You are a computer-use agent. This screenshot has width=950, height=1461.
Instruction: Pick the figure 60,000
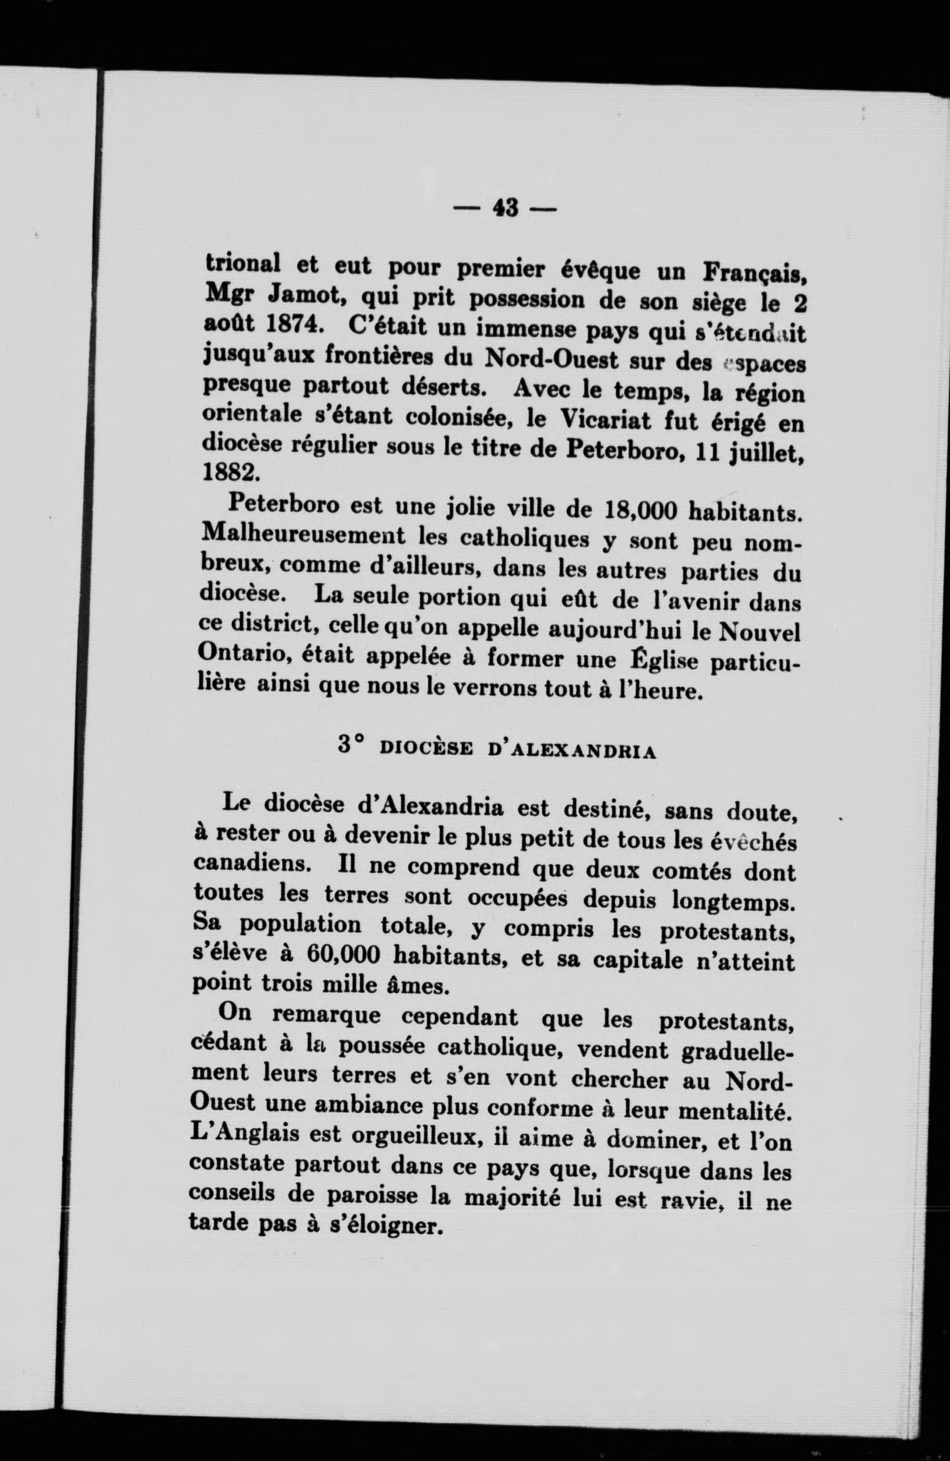point(334,955)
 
